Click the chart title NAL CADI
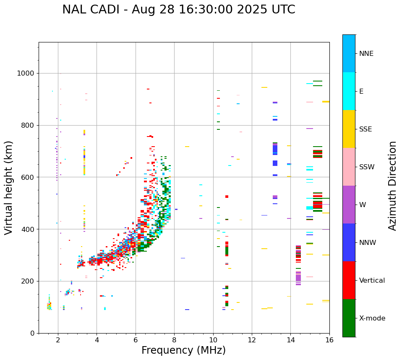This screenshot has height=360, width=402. tap(178, 10)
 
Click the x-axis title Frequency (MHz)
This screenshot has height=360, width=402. tap(183, 350)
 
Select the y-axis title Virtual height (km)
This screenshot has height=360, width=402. tap(9, 187)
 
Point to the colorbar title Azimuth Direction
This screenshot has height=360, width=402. tap(392, 186)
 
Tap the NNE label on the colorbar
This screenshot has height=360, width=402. tap(366, 54)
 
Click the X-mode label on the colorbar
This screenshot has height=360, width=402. tap(372, 318)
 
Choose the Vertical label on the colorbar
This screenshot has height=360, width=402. tap(372, 281)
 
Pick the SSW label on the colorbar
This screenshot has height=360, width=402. tap(367, 167)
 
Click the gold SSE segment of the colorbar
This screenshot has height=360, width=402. tap(349, 129)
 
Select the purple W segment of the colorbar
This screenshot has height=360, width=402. tap(349, 205)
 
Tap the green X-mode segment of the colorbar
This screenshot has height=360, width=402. tap(349, 318)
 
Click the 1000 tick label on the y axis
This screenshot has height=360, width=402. tap(26, 74)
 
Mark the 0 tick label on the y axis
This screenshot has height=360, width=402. tap(32, 333)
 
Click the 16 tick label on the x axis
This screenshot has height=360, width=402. tap(329, 340)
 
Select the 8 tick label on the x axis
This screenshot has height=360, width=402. tap(174, 340)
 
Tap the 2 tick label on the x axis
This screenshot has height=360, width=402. tap(58, 340)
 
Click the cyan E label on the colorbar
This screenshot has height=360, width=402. tap(361, 92)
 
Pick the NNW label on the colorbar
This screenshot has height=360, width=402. tap(368, 243)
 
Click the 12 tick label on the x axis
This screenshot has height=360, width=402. tap(252, 340)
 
